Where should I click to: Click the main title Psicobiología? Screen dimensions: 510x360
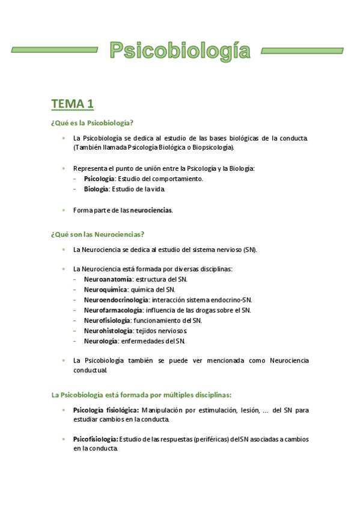180,51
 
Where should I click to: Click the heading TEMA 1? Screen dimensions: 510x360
73,104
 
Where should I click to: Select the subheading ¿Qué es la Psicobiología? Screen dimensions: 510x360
93,123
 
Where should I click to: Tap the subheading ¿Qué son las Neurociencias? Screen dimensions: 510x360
98,234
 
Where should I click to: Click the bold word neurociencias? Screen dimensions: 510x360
151,210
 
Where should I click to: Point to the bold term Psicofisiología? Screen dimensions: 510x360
96,439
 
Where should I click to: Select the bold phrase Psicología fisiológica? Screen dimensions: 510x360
106,410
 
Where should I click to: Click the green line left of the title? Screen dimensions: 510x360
55,50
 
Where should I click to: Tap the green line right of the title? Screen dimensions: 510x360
305,50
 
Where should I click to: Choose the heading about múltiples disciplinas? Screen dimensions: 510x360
142,395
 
